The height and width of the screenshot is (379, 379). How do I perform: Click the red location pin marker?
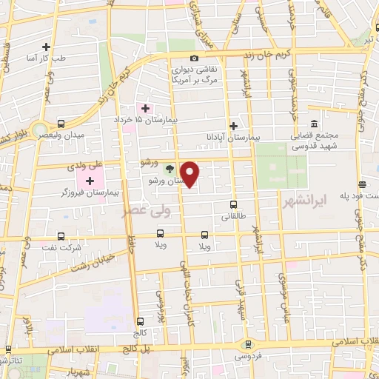[190, 174]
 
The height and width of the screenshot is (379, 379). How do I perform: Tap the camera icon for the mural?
[194, 58]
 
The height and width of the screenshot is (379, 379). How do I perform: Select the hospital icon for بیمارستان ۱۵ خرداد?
[146, 107]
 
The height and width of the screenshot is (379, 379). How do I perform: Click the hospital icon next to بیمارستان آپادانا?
[234, 125]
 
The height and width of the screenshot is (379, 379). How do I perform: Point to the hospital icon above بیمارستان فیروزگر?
[90, 181]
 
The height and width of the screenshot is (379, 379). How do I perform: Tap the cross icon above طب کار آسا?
[47, 46]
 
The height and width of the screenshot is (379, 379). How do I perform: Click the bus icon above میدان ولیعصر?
[60, 124]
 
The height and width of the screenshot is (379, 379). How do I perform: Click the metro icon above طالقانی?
[234, 205]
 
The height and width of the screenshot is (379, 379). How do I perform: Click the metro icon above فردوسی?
[247, 343]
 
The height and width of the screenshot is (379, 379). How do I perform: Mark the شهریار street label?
[81, 370]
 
